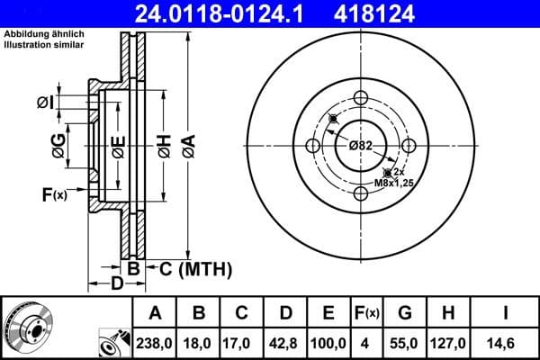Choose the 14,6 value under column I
tap(506, 343)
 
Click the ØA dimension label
tap(187, 146)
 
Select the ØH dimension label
tap(164, 146)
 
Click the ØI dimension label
tap(45, 103)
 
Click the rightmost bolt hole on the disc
tap(409, 146)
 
